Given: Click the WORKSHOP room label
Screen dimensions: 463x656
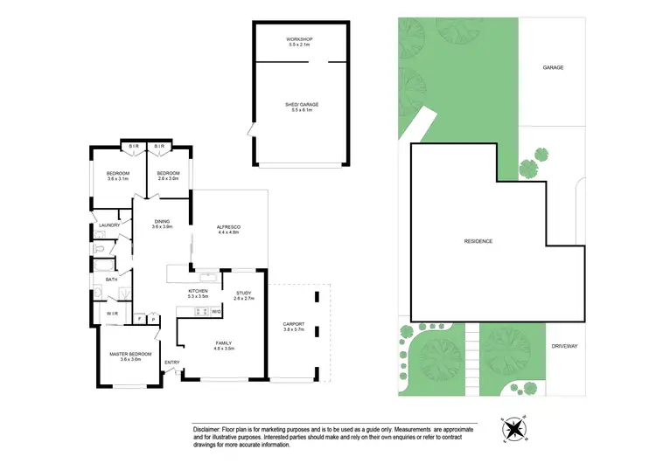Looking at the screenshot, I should point(299,40).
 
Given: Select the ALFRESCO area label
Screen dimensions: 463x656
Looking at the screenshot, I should point(228,228).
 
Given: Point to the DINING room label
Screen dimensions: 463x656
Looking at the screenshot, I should point(162,222).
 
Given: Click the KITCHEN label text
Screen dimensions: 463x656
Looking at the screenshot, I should point(197,291).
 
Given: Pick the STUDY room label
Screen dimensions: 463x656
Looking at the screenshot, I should point(244,293).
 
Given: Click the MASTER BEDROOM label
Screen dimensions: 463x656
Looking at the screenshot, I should point(130,354).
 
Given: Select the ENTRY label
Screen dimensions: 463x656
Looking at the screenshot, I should point(172,362).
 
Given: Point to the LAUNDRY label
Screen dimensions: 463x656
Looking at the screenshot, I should point(109,225).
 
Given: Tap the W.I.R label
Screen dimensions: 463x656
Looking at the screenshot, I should point(112,312).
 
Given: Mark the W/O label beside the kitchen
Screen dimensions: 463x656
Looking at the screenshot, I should point(216,312).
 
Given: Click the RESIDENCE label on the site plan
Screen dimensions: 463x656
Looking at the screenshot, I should point(478,241).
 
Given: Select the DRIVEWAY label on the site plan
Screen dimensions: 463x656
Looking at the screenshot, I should point(564,347).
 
